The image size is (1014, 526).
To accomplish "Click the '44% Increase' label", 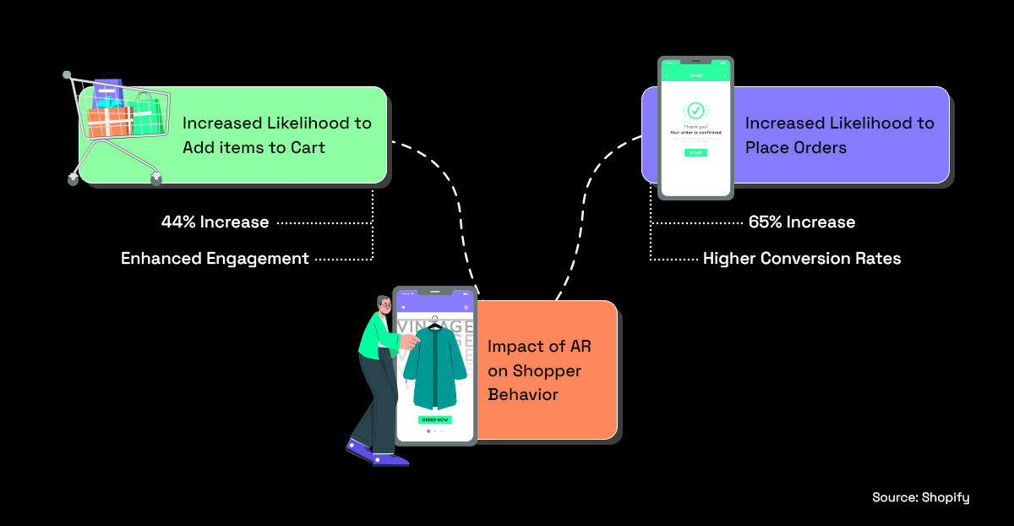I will tap(215, 222).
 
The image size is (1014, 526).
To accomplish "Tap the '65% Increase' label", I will tap(801, 222).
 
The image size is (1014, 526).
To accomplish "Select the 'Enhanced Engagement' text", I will tap(215, 259).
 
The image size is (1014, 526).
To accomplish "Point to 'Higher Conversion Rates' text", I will tap(801, 259).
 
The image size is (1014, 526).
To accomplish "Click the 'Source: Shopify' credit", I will tap(920, 498).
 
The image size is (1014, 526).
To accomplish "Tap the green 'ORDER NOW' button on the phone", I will tap(434, 419).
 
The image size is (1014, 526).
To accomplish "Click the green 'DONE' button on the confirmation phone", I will tap(695, 153).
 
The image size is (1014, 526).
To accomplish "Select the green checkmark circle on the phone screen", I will tap(695, 110).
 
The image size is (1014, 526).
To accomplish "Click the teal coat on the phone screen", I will tap(434, 368).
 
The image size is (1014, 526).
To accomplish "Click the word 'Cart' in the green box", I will tap(306, 148).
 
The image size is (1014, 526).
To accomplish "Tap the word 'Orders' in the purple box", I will tap(813, 148).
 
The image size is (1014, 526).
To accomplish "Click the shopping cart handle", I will tap(68, 77).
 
